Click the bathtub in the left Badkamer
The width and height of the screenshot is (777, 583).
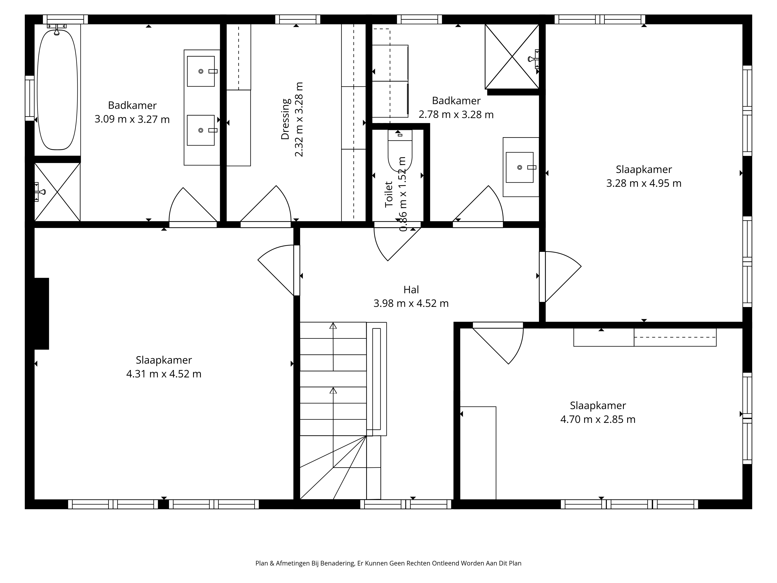(x=57, y=90)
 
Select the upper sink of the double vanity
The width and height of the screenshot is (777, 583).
(x=201, y=71)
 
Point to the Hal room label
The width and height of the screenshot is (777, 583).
(x=411, y=290)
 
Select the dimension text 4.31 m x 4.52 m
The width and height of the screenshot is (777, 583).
(x=164, y=374)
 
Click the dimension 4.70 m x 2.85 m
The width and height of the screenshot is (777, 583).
(x=598, y=419)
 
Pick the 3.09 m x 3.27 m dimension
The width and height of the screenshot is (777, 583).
(x=132, y=119)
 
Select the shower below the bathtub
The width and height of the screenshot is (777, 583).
(x=57, y=192)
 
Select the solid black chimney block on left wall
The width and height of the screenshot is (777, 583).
(x=41, y=313)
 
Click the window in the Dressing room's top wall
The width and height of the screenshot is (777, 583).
(x=298, y=19)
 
